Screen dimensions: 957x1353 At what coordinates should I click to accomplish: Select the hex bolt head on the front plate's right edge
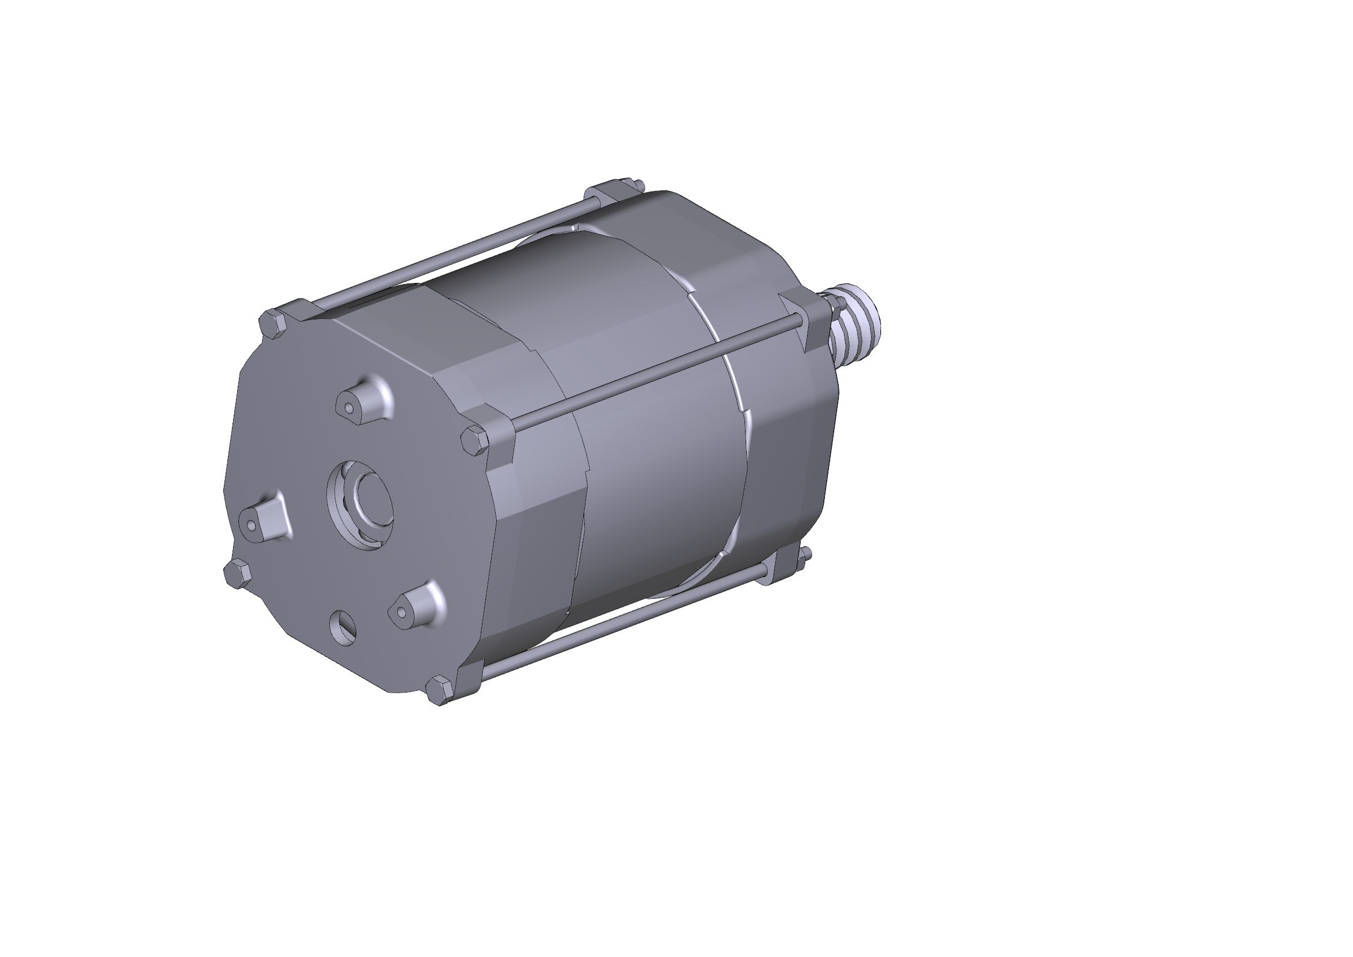tap(474, 441)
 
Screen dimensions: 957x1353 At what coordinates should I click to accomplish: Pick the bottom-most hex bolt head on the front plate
tap(440, 690)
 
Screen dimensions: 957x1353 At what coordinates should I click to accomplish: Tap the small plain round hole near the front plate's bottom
tap(343, 627)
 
